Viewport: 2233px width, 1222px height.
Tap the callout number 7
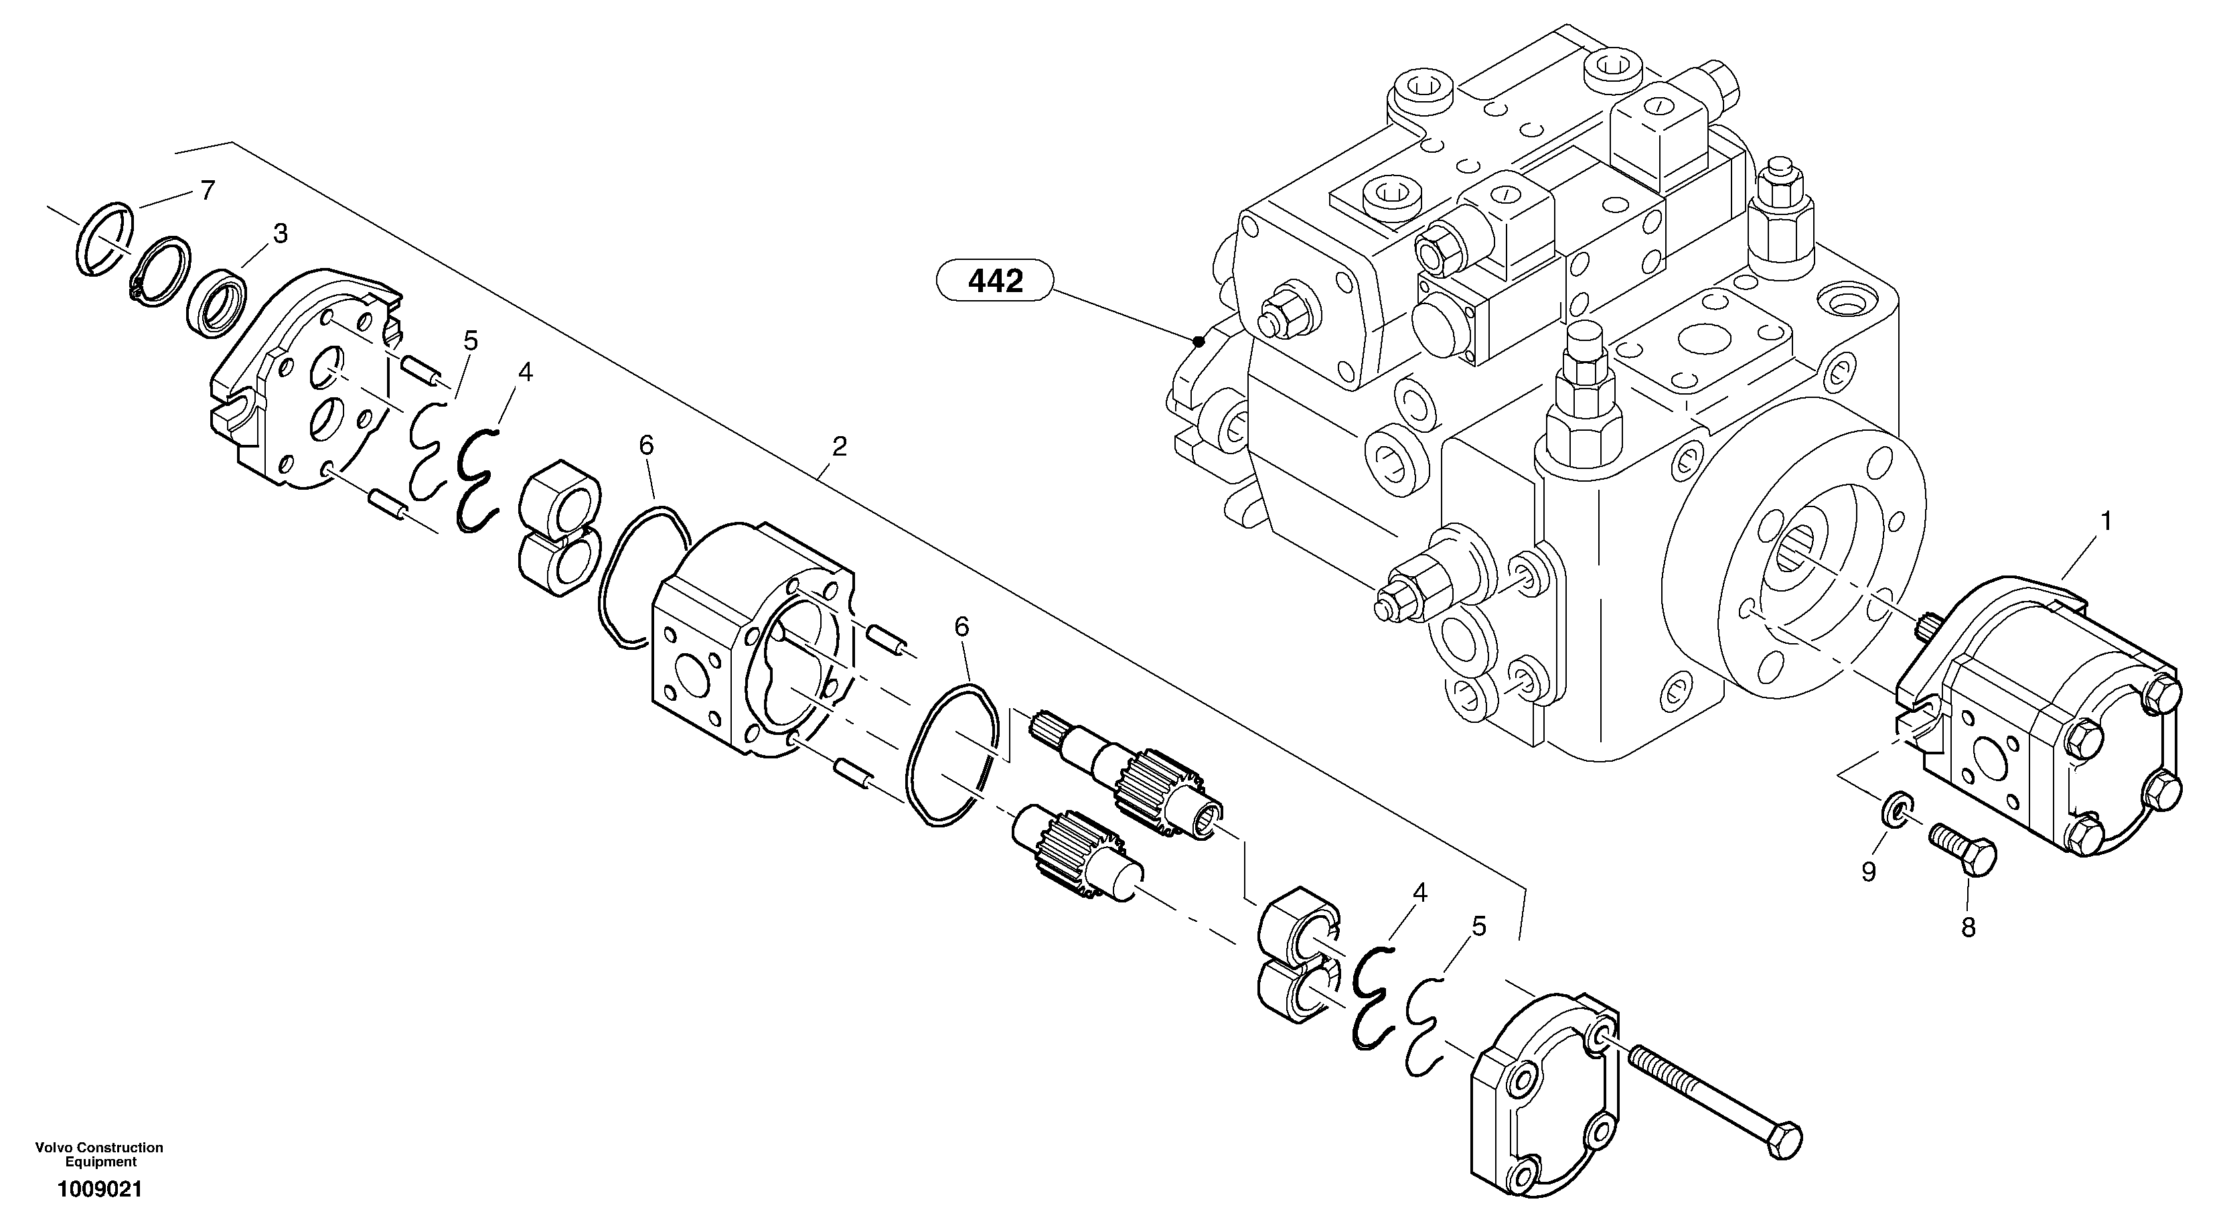206,191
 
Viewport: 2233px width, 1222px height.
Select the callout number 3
279,234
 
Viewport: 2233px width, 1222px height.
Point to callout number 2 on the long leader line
838,448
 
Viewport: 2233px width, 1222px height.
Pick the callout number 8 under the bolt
1968,928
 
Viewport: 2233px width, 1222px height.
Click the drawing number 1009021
100,1190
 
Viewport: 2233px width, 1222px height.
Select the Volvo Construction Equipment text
100,1154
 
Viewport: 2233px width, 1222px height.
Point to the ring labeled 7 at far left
103,239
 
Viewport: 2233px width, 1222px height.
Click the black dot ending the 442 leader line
1199,341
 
